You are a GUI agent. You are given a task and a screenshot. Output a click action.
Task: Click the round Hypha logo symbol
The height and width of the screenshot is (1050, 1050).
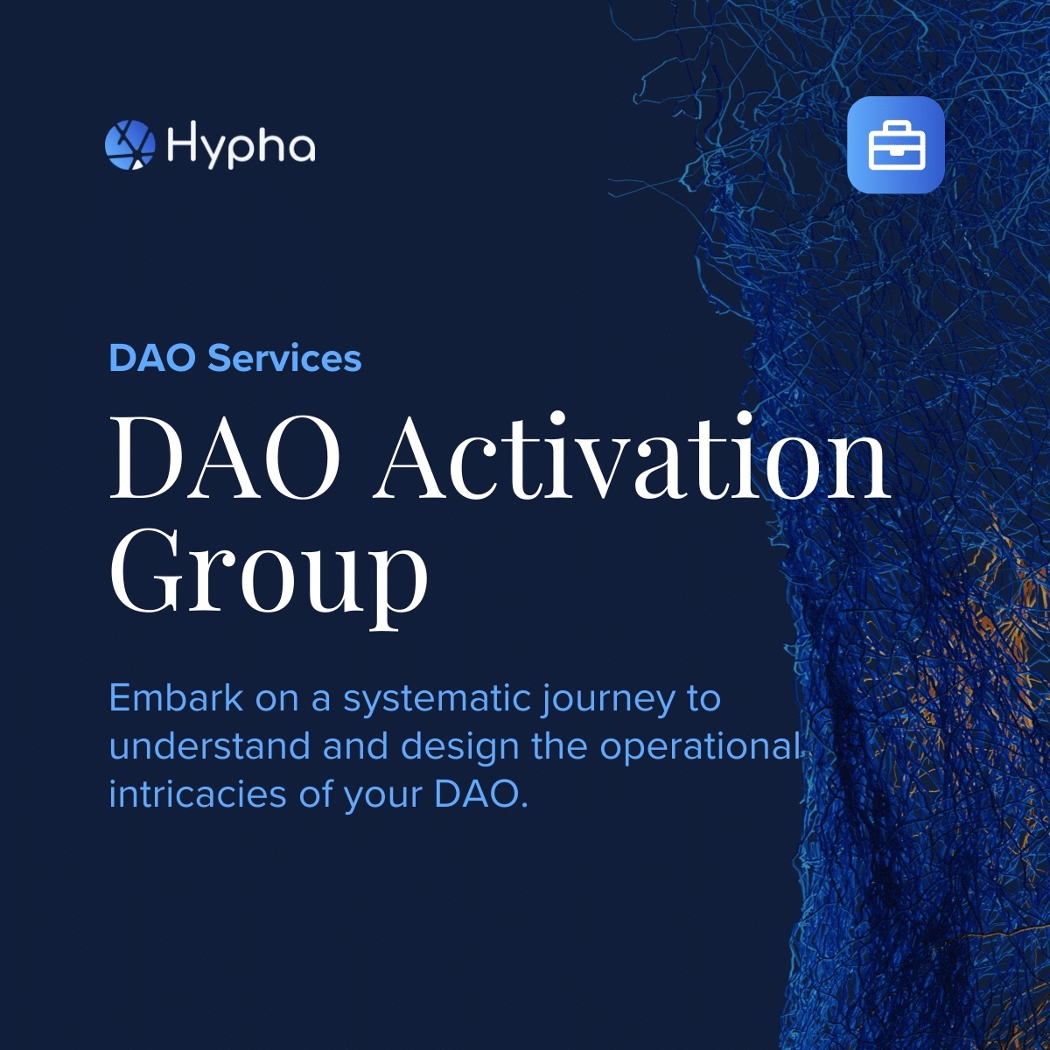129,144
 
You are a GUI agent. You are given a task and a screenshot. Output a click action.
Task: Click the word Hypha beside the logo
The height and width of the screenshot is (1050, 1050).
241,146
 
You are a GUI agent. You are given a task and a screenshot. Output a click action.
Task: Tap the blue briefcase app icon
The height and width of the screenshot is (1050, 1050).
896,144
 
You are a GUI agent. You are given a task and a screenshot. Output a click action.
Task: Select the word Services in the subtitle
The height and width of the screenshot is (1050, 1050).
284,359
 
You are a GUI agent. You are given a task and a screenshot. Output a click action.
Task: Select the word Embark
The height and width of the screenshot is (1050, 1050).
176,697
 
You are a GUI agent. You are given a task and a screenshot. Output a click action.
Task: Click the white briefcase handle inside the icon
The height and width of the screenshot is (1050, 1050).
896,128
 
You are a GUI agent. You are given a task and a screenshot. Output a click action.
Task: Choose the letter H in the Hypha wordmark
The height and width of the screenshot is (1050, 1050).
180,143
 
